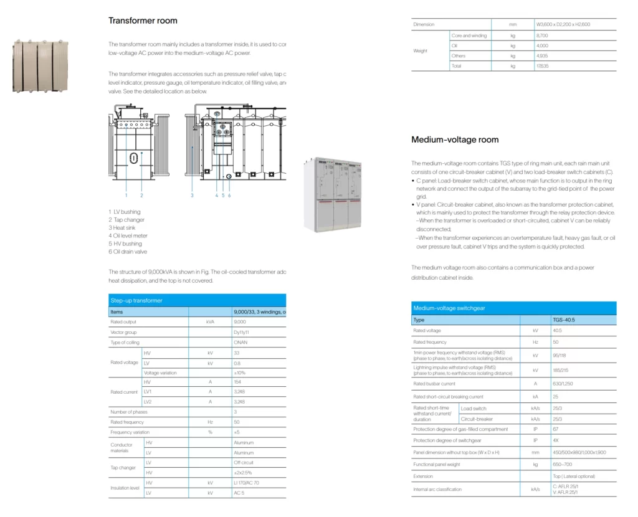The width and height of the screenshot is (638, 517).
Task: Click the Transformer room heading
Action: click(x=143, y=21)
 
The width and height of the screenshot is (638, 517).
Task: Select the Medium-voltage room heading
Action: click(x=455, y=140)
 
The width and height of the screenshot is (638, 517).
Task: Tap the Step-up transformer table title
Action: click(x=136, y=301)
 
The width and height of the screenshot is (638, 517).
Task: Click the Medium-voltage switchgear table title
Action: click(x=449, y=308)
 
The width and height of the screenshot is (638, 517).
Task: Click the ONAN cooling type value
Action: click(x=240, y=343)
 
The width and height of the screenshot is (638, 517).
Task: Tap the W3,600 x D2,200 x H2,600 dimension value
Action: click(x=563, y=24)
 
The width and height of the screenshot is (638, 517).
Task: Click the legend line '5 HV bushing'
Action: click(x=125, y=244)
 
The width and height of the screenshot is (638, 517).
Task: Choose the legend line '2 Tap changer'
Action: click(x=126, y=220)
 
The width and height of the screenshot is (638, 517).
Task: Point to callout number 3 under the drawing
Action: click(x=192, y=196)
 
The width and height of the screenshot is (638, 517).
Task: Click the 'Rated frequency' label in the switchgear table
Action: click(x=430, y=341)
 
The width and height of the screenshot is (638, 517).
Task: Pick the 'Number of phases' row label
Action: click(x=128, y=412)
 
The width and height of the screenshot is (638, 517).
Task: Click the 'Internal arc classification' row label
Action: click(x=437, y=489)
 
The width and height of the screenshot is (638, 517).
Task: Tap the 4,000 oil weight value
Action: click(x=542, y=46)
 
